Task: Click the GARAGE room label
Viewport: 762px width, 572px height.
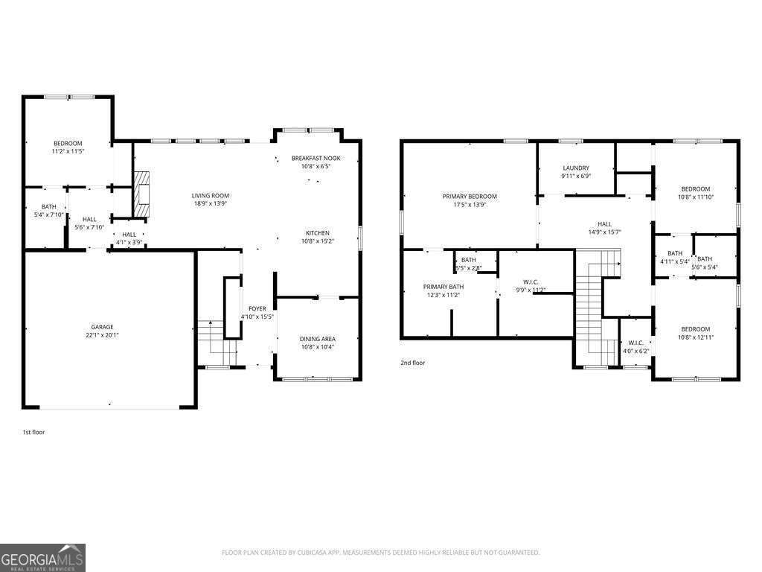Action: (102, 326)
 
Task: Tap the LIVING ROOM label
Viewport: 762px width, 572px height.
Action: (210, 195)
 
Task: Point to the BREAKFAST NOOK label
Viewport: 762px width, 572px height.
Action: (316, 158)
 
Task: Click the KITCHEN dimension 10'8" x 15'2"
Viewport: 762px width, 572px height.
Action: (317, 241)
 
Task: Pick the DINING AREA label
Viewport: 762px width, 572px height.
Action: (317, 338)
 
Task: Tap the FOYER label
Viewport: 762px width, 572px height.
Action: (257, 308)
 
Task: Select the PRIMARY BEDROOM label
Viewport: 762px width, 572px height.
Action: (470, 197)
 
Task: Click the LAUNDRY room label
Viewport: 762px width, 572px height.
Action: (576, 168)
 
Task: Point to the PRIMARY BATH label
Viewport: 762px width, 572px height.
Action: (444, 287)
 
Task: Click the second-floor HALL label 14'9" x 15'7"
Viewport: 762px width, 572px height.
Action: (604, 223)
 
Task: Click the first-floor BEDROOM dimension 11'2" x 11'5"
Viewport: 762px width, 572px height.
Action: (67, 151)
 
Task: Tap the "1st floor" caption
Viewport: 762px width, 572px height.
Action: (34, 431)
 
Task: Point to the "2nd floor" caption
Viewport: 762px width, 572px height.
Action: (413, 363)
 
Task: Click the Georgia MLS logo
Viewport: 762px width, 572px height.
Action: (42, 558)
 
